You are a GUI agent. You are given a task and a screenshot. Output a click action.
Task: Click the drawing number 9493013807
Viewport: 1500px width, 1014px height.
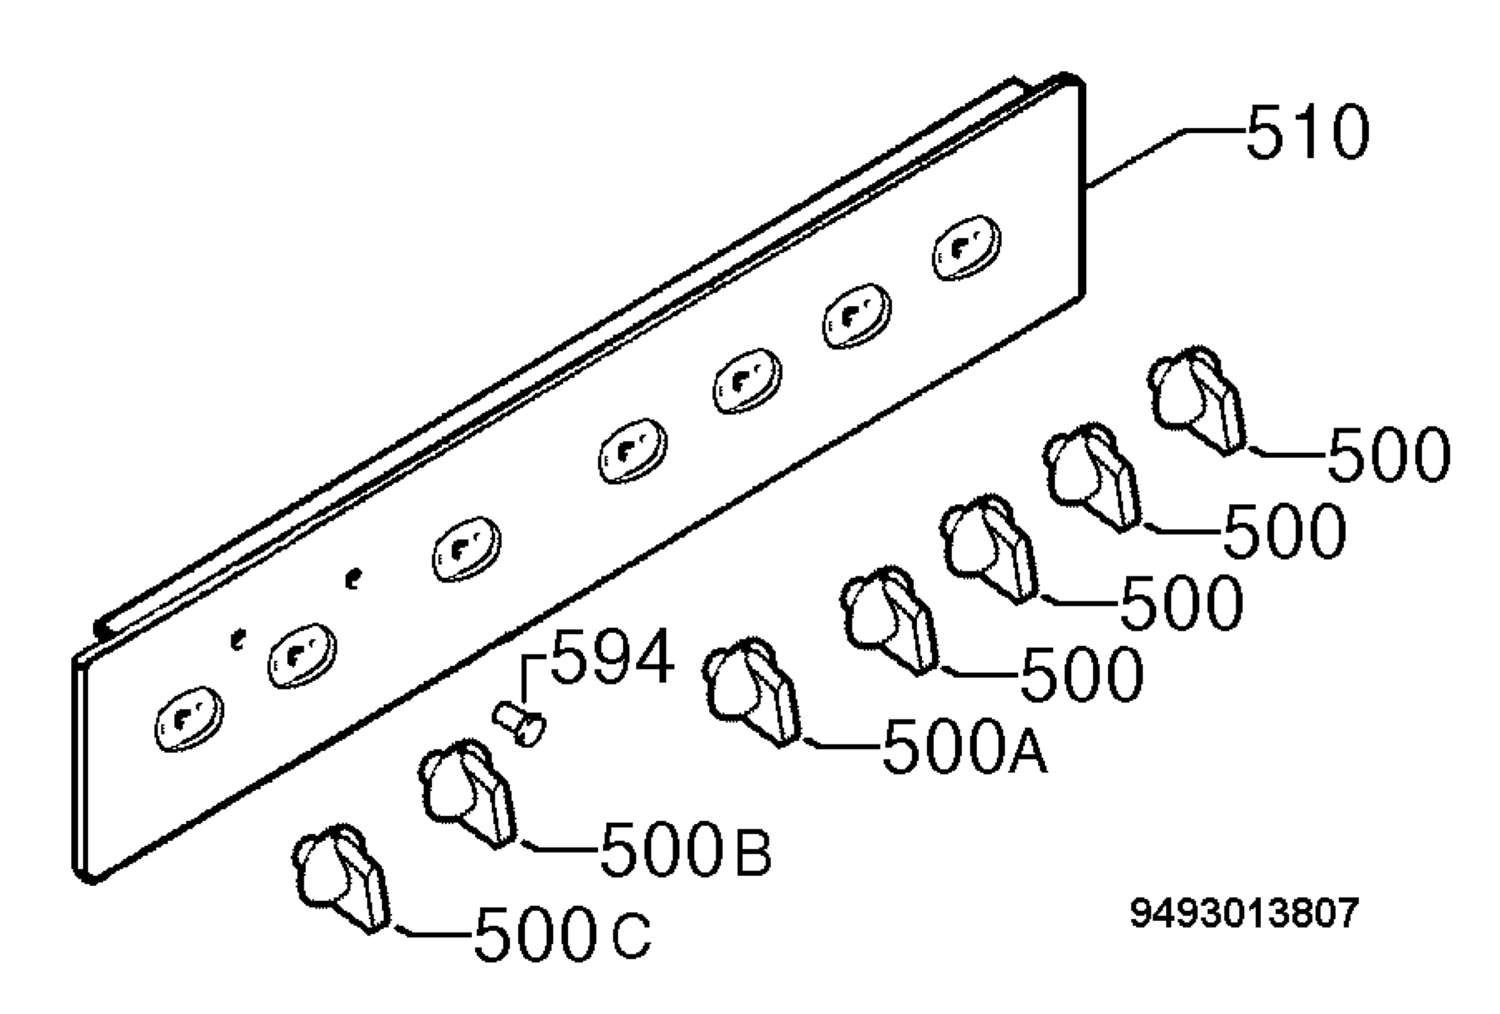(1244, 913)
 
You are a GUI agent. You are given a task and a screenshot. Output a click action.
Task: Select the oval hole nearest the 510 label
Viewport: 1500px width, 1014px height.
(966, 248)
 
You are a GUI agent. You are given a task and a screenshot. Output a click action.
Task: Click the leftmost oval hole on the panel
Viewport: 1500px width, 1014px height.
(189, 718)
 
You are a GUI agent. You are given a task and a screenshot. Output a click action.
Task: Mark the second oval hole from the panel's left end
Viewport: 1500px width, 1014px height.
(302, 656)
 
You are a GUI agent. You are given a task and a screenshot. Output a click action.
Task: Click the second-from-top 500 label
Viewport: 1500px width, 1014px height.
(1284, 531)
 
